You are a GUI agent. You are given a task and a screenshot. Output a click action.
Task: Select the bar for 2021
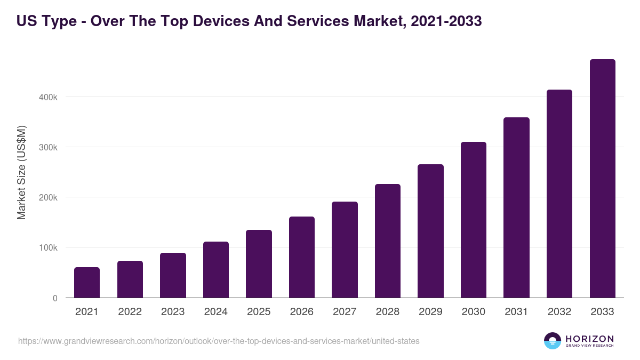[87, 283]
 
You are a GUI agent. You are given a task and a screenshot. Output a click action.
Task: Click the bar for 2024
[216, 270]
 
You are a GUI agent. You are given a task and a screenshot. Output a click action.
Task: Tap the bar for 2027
[345, 250]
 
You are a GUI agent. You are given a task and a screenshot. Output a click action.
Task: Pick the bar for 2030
[474, 220]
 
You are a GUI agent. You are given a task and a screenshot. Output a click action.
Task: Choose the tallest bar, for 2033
[602, 179]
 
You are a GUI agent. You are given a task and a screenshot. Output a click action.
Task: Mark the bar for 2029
[430, 231]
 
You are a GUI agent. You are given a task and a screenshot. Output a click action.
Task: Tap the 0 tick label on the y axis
[55, 298]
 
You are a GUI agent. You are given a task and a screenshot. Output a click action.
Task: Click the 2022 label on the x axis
[130, 312]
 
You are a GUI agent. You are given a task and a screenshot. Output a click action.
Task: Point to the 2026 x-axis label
[301, 312]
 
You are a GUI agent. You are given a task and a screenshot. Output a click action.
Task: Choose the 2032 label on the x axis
[559, 312]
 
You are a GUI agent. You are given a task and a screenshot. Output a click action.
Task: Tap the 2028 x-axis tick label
[388, 312]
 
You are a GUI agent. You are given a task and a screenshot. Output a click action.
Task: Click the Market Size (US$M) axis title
[21, 172]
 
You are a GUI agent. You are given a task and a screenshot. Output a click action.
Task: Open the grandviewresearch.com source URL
[219, 341]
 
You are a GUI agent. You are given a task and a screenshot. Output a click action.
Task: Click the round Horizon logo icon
[553, 341]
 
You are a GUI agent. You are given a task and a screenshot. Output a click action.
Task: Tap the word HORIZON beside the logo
[589, 338]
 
